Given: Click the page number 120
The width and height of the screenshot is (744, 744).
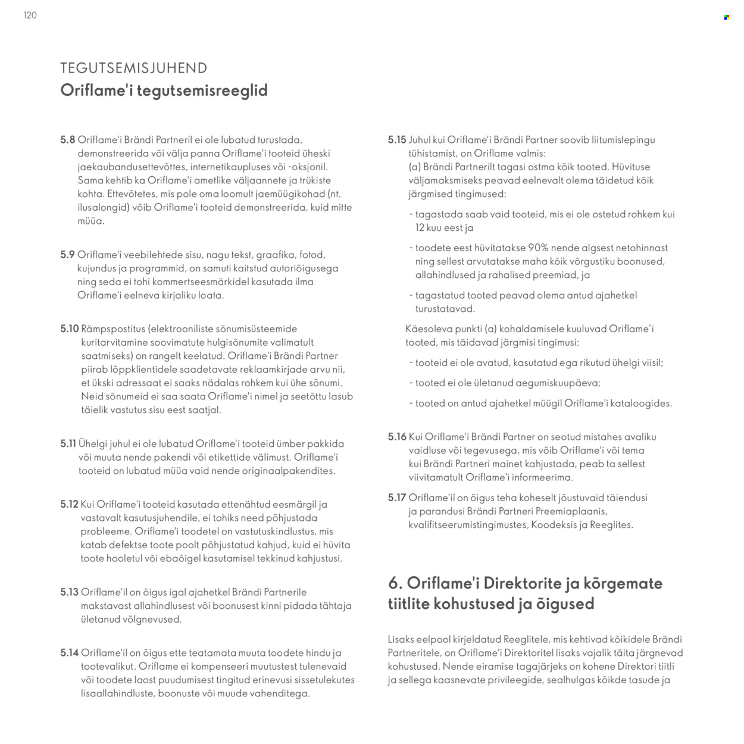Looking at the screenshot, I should (x=30, y=15).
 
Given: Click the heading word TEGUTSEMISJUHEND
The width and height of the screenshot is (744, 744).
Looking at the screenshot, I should (x=133, y=68).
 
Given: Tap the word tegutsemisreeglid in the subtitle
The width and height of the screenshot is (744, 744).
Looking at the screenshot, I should (x=202, y=90).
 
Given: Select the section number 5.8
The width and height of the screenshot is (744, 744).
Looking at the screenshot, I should (x=67, y=140).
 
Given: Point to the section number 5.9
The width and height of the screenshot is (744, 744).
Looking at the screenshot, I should (x=67, y=255).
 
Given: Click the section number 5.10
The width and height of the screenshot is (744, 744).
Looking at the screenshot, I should (x=69, y=329).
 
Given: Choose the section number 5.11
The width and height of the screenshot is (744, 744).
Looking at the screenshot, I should (x=68, y=443).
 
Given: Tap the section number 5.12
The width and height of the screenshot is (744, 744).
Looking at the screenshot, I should (x=69, y=504).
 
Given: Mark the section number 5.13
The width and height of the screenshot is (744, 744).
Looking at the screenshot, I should (x=69, y=592).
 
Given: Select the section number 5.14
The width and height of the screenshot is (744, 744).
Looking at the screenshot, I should (x=69, y=653).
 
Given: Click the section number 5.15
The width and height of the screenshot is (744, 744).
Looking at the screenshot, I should (x=396, y=140).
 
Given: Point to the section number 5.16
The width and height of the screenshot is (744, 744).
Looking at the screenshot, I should (x=396, y=437).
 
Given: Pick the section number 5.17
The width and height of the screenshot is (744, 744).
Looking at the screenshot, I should (x=396, y=498).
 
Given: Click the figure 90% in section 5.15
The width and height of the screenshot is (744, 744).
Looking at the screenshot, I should (x=539, y=248).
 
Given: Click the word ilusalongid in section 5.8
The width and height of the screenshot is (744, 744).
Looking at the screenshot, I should (x=102, y=207).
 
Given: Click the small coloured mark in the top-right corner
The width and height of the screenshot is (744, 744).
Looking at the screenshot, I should (x=726, y=17).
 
